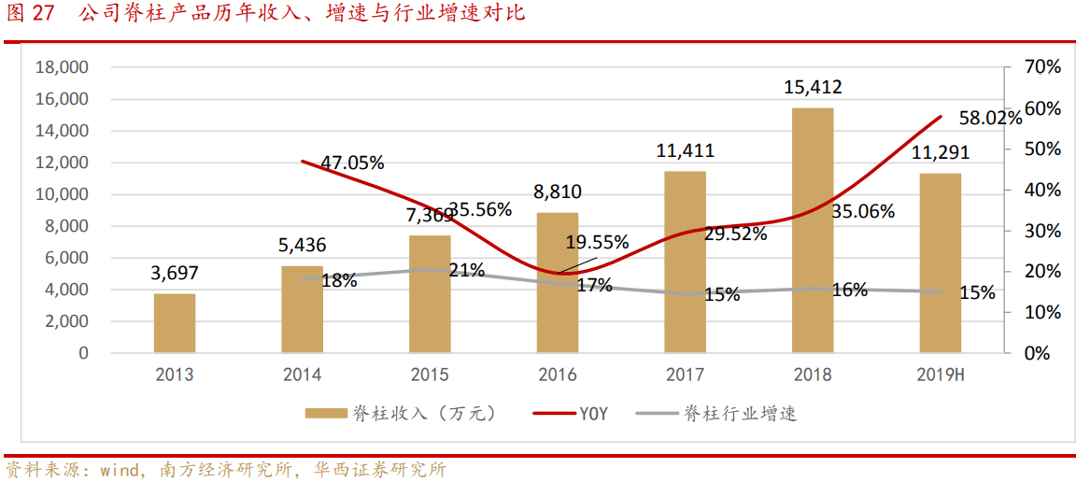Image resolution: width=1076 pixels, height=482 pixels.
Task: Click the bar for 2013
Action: (175, 323)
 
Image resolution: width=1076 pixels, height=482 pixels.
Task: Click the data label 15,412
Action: (813, 88)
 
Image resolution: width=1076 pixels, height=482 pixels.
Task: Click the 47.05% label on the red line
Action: (352, 163)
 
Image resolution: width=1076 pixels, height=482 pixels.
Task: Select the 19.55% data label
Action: (597, 243)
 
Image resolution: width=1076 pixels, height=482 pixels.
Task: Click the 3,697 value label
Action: (175, 274)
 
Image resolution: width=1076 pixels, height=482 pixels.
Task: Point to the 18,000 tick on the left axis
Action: (61, 67)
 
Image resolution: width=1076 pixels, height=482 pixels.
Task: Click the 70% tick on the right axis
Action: (1042, 67)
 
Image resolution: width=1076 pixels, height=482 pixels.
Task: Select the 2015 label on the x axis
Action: (430, 376)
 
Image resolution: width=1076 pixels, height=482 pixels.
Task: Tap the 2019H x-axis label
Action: (940, 376)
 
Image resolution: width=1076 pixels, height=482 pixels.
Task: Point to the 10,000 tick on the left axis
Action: (61, 194)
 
